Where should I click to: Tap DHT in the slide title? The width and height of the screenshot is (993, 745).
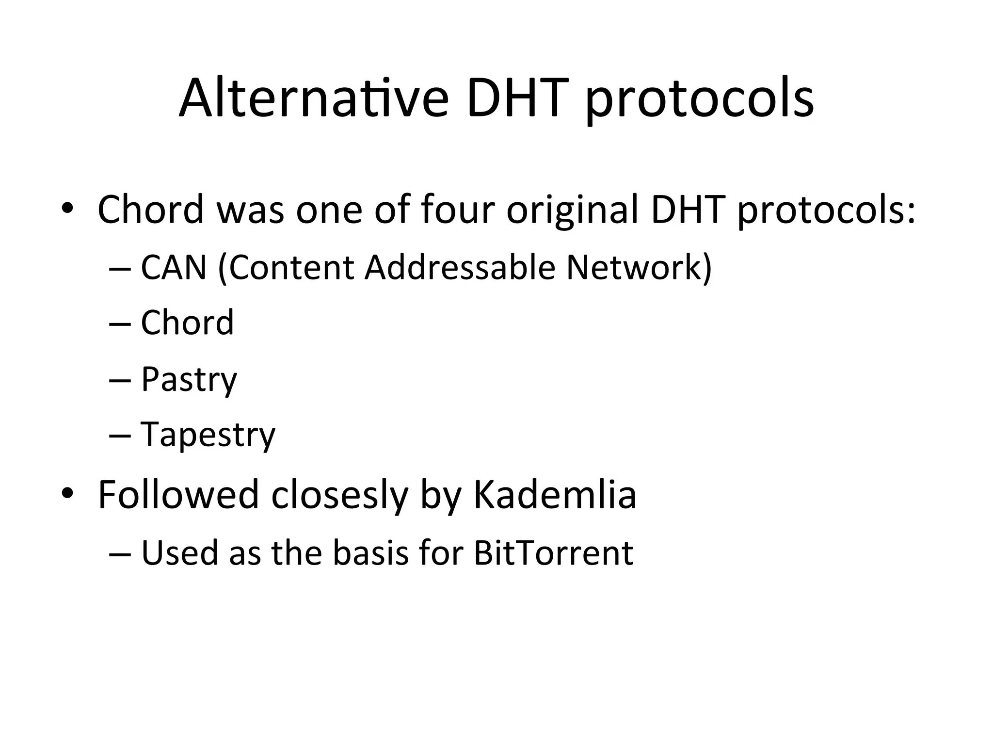(517, 98)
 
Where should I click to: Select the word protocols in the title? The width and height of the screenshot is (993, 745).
(700, 102)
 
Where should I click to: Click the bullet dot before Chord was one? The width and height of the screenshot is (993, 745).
(67, 209)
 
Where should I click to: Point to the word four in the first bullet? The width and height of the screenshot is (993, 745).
(458, 210)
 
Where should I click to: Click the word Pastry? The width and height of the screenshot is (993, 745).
(189, 380)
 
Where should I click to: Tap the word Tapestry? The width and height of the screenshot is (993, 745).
(208, 435)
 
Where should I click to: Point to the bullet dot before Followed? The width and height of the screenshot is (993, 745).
(67, 493)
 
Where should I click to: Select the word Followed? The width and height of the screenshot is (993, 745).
(178, 495)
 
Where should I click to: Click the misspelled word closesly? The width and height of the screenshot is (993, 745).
(339, 496)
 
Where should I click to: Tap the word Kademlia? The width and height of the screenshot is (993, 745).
(554, 495)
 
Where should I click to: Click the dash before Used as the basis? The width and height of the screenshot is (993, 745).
(120, 553)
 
